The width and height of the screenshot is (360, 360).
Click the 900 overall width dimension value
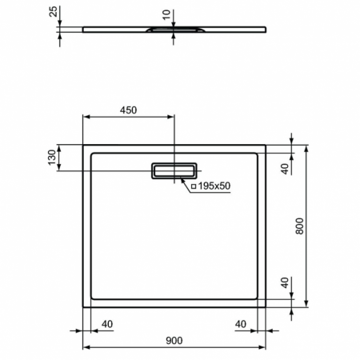click(x=174, y=340)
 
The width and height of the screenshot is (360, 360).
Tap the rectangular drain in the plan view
click(x=174, y=170)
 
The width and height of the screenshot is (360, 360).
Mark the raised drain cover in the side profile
click(x=169, y=30)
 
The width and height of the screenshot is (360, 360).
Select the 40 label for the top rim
click(x=284, y=168)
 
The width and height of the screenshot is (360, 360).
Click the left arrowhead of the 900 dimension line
click(x=87, y=347)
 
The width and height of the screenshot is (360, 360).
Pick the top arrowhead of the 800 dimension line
click(x=307, y=150)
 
